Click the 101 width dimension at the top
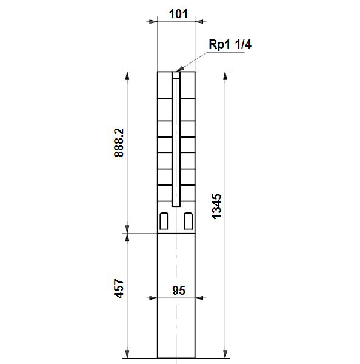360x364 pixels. coord(178,14)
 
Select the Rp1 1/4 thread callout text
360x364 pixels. coord(230,44)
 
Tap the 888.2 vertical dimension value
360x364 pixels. coord(119,143)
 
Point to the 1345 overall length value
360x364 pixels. coord(216,206)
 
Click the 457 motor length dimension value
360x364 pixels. coord(119,288)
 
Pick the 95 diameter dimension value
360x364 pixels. coord(179,291)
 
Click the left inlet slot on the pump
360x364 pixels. coord(164,221)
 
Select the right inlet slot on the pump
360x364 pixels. coord(188,221)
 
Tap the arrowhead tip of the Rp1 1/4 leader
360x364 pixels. coord(176,71)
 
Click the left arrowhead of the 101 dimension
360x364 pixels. coord(153,22)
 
